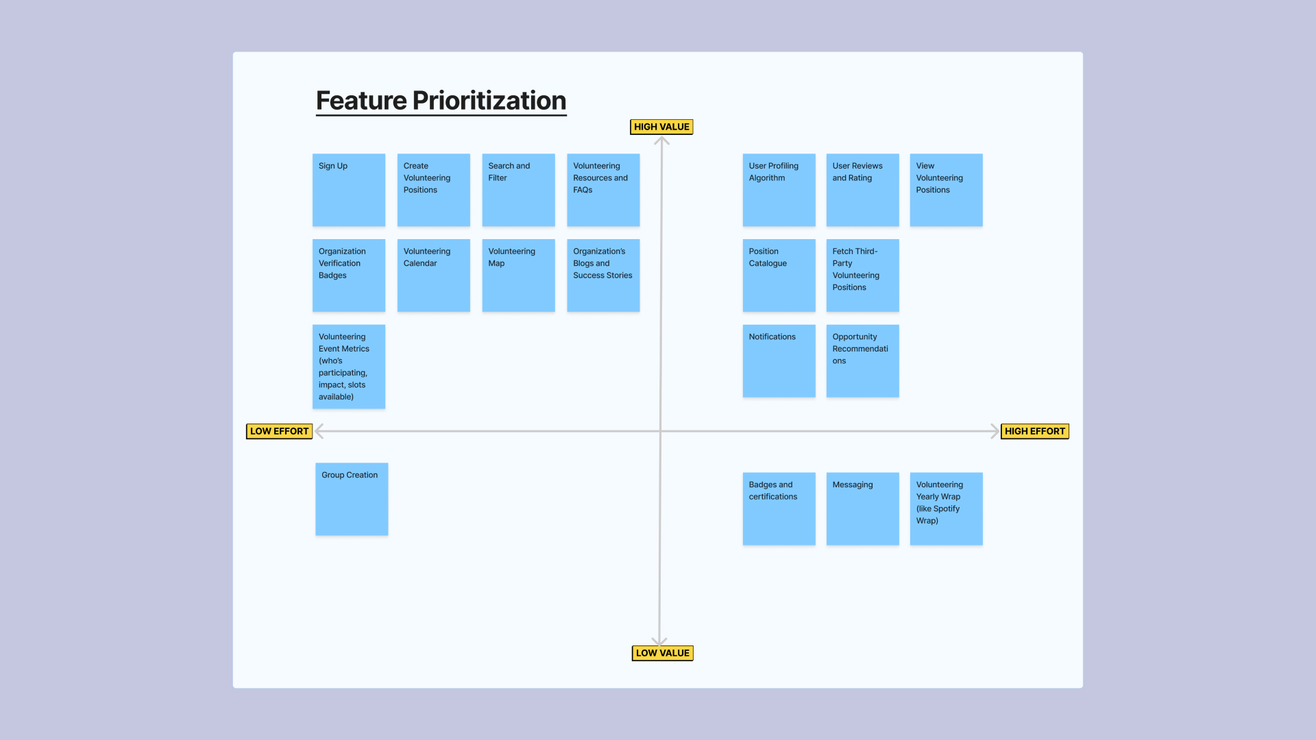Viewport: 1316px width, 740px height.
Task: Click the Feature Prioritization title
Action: [441, 101]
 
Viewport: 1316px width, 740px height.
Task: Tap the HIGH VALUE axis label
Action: [661, 127]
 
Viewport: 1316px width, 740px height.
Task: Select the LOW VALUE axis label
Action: [662, 653]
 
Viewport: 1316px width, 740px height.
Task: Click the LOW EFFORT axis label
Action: [279, 431]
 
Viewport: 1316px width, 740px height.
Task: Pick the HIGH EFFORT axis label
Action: [1035, 431]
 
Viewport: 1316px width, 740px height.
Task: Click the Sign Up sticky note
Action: [349, 190]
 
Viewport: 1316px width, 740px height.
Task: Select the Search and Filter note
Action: [518, 190]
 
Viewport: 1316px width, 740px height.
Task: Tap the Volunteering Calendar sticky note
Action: [434, 275]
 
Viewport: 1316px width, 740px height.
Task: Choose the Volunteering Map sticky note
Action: [518, 275]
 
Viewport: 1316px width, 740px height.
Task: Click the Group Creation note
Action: [352, 499]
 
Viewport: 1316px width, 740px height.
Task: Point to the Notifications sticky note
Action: [779, 361]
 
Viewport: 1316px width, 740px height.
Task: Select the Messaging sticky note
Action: [863, 508]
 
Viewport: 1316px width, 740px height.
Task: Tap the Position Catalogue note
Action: [779, 275]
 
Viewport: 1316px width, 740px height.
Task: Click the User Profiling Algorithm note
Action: [779, 190]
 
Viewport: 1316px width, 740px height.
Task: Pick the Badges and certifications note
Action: [779, 508]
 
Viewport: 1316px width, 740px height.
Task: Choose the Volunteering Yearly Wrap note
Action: [947, 508]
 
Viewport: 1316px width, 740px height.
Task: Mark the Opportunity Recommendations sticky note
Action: [863, 361]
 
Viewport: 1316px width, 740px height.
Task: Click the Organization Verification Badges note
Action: [349, 275]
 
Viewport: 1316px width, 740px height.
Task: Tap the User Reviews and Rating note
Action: [863, 190]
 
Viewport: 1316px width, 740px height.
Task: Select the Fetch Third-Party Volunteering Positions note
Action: [863, 275]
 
